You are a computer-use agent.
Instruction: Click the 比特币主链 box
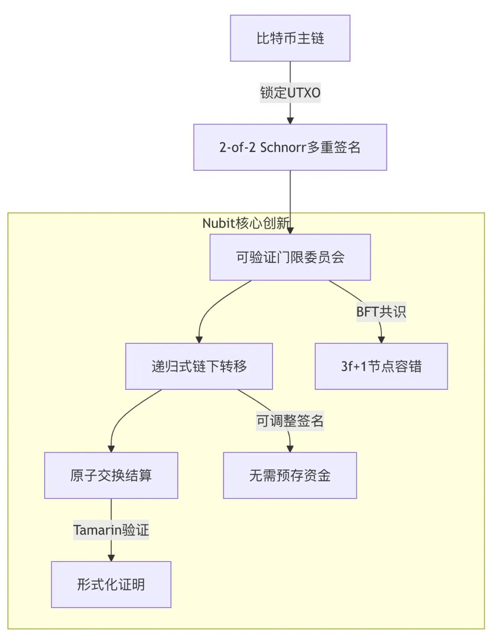(290, 39)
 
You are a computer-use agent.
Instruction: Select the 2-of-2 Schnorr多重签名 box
(290, 147)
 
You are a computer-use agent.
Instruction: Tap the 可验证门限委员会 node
(290, 257)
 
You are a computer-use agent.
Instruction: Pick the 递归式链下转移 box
(199, 366)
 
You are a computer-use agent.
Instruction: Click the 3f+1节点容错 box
(381, 366)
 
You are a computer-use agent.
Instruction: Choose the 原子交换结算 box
(111, 475)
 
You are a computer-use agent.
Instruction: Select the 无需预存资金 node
(290, 475)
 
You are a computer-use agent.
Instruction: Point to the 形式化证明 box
(111, 584)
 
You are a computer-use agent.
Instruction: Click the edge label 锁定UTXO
(290, 93)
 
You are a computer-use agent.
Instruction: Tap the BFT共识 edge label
(381, 312)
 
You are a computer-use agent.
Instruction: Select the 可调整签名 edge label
(290, 421)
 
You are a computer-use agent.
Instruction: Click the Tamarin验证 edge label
(111, 530)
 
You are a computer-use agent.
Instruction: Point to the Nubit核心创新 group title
(246, 223)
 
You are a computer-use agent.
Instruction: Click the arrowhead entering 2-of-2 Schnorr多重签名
(290, 120)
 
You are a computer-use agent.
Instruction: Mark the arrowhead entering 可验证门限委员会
(290, 230)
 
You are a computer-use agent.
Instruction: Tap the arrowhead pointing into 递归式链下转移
(199, 339)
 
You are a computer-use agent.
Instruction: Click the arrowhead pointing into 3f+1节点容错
(381, 339)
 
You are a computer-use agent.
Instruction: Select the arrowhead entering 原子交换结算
(111, 449)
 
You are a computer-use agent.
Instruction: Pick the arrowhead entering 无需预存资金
(290, 449)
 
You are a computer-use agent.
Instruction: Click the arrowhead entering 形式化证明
(111, 557)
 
